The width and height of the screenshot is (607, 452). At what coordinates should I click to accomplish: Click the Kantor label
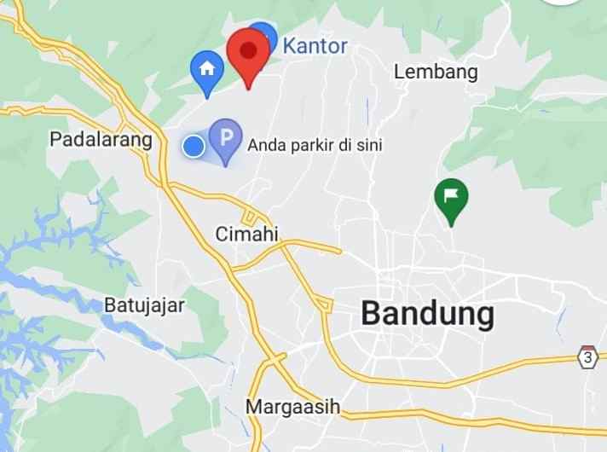[315, 45]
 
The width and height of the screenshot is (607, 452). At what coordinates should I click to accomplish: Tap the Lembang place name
[436, 72]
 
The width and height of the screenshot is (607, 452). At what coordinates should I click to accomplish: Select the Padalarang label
[101, 139]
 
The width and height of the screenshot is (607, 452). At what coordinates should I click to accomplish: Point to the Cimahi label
[247, 234]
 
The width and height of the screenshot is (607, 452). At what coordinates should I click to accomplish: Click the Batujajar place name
[144, 304]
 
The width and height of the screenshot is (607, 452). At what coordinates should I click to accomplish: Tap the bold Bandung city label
[427, 314]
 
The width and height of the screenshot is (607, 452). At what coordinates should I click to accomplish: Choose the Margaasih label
[292, 407]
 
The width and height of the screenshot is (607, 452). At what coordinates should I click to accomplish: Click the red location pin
[248, 51]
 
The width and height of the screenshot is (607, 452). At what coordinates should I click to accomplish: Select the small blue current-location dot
[194, 147]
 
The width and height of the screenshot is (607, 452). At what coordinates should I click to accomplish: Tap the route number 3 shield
[587, 356]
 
